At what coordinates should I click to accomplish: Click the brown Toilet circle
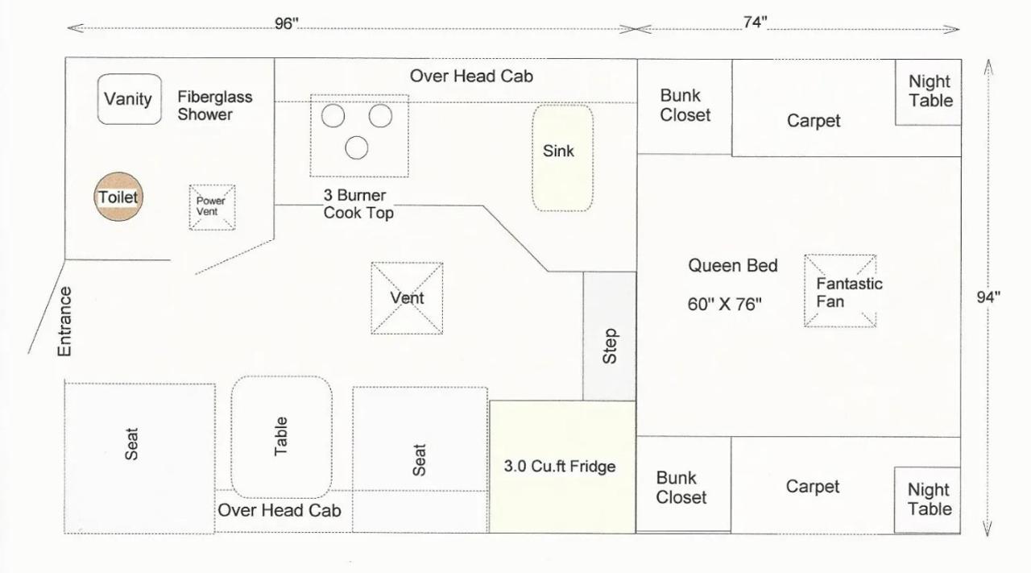point(118,197)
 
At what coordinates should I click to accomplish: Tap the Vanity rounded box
point(130,99)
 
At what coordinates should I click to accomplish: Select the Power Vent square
point(212,207)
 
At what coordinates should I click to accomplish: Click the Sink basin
point(562,158)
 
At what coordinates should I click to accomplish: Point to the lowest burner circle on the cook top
point(357,147)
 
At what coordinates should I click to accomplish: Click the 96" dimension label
point(286,23)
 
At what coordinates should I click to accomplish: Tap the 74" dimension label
point(755,22)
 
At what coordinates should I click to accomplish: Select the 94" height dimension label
point(988,297)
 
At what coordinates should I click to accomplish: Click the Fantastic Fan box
point(840,291)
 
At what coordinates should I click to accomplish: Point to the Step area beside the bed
point(610,336)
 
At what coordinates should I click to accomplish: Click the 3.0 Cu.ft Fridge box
point(562,467)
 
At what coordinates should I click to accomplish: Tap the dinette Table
point(281,437)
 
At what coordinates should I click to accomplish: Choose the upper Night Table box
point(928,92)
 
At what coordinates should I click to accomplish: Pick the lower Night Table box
point(927,500)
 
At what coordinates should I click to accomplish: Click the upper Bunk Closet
point(685,106)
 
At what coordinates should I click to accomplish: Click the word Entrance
point(64,322)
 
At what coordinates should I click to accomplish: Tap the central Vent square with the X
point(407,298)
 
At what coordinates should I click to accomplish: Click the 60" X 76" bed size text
point(724,304)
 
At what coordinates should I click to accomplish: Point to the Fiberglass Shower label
point(215,106)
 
